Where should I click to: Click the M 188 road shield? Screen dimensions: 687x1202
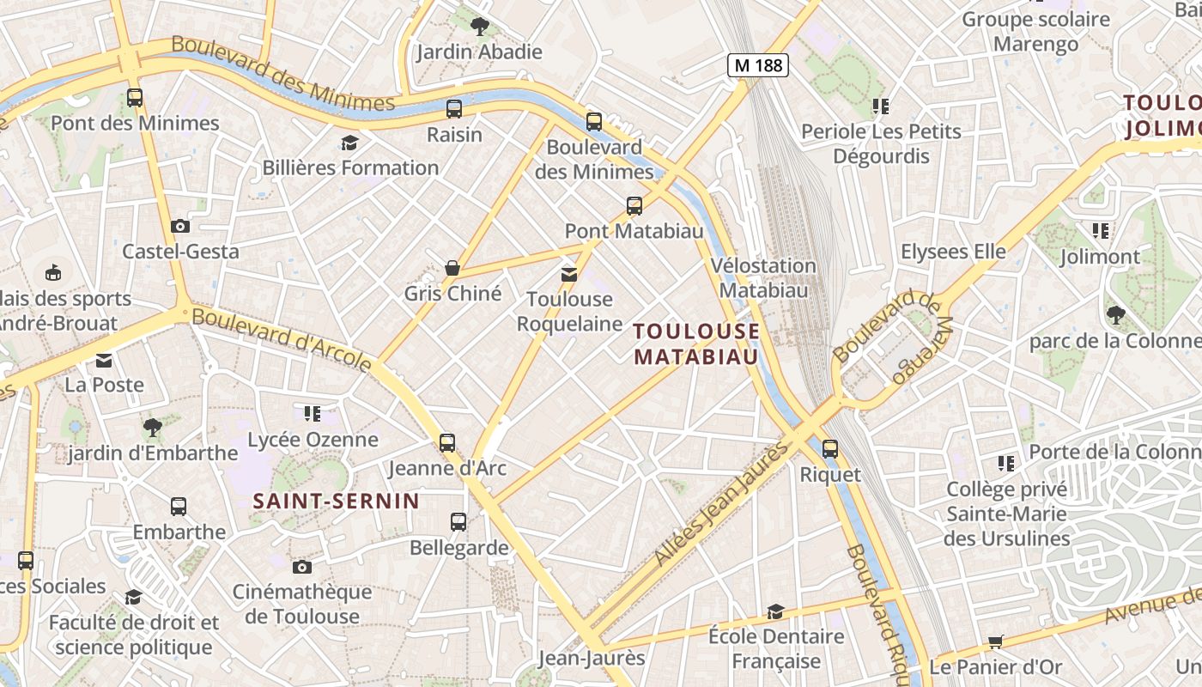click(x=758, y=64)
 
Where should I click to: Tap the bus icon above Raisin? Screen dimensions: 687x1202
click(x=454, y=109)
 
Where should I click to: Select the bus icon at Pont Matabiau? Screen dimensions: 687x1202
click(x=634, y=205)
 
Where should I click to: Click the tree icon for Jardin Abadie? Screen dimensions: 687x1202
click(x=480, y=26)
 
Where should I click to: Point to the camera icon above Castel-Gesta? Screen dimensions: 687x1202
click(x=180, y=226)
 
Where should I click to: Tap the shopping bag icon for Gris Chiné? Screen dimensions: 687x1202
click(x=452, y=268)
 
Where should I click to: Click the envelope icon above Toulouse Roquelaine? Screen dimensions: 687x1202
click(x=569, y=274)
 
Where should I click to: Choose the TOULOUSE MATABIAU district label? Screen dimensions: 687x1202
click(x=696, y=343)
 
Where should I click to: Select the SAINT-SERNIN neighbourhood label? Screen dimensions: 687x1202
click(x=336, y=501)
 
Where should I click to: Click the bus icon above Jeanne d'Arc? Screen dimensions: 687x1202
click(x=447, y=443)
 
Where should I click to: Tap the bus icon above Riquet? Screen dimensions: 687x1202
click(x=830, y=448)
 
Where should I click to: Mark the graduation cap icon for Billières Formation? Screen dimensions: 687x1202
click(x=349, y=143)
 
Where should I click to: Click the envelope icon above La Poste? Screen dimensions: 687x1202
click(x=104, y=360)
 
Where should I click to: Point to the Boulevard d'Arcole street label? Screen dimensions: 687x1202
click(x=282, y=340)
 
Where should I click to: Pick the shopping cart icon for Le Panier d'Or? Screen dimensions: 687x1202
click(x=996, y=641)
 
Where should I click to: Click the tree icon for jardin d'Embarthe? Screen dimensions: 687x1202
click(x=153, y=427)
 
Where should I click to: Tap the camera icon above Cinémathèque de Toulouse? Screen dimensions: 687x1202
click(x=301, y=567)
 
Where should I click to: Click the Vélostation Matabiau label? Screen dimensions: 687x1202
click(x=763, y=277)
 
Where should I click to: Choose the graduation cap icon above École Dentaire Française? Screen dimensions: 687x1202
click(x=776, y=611)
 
